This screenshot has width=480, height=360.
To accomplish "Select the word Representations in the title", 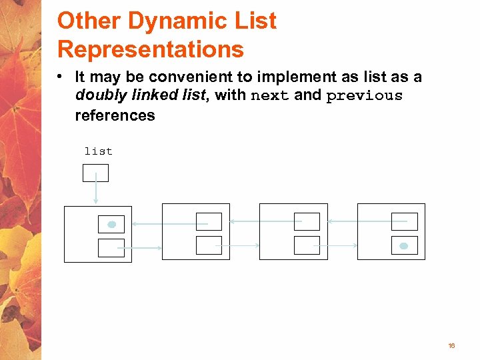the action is coord(151,49).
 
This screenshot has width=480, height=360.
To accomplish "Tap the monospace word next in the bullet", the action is coord(270,95).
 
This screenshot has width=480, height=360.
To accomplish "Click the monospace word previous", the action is coord(365,95).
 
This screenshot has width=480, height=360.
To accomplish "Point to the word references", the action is coord(115,115).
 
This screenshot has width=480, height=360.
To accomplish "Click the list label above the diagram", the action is coord(98,151).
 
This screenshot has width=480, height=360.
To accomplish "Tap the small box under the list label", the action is coord(95,173).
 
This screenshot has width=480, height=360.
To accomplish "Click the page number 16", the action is coord(451,346).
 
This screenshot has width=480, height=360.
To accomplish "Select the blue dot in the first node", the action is coord(112,224).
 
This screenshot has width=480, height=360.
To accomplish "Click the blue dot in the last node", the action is coord(403,246).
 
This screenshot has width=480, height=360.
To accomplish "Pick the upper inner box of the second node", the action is coord(209,221).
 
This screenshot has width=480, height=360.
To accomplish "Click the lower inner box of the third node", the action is coord(307,245).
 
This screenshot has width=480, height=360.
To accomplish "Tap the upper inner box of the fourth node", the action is coord(404,221).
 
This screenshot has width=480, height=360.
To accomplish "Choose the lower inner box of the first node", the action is coord(111,248).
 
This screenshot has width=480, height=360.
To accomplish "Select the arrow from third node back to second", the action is coord(265,221).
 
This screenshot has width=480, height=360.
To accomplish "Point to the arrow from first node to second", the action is coord(143,248).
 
